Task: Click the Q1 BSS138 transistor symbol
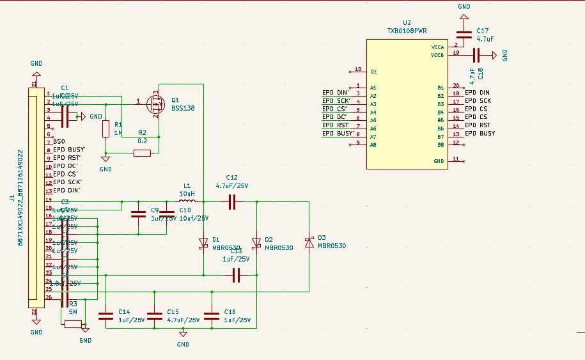coord(155,102)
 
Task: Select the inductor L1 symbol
coord(187,201)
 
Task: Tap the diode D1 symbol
coord(203,243)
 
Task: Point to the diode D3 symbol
coord(309,242)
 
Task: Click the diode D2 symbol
coord(256,243)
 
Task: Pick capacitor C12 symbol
coord(231,201)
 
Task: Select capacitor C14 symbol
coord(105,315)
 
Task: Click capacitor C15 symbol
coord(155,315)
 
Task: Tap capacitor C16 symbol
coord(211,315)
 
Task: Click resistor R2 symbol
coord(142,153)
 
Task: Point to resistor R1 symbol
coord(105,129)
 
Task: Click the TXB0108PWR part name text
coord(407,30)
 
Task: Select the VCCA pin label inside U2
coord(437,47)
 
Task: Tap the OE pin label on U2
coord(373,72)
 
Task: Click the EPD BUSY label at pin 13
coord(480,134)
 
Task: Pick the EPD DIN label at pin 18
coord(477,93)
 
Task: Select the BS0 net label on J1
coord(59,141)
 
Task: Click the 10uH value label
coord(187,193)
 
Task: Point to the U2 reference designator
coord(407,22)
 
